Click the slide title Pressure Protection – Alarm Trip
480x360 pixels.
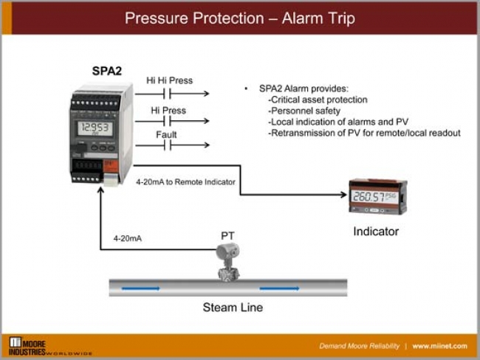pos(239,18)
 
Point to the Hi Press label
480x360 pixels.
pos(168,110)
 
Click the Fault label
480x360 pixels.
pos(166,134)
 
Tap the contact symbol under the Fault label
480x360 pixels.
pos(168,146)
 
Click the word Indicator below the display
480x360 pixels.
pos(376,232)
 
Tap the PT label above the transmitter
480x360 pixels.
pos(227,235)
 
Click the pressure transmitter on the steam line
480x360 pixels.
pos(227,262)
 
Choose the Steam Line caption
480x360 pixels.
pos(233,307)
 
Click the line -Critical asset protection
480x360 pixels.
pos(318,100)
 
